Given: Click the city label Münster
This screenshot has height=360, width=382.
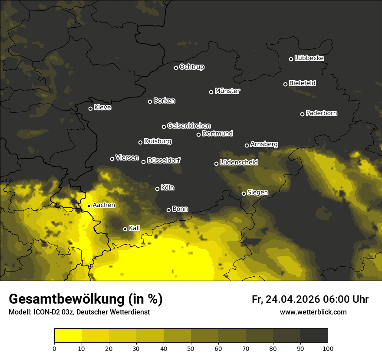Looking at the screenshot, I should coord(227,91).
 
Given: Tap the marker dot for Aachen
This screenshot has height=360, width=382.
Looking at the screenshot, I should coord(89,206).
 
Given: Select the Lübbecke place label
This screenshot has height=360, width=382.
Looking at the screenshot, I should coord(309,58).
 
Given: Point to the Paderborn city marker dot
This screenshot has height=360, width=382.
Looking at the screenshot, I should coord(303,114).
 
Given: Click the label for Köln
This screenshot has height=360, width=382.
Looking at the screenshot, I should coord(168,188).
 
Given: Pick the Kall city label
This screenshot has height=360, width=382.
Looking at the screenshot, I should coord(135,228).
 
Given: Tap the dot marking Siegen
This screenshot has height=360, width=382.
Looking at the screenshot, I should coord(244,193).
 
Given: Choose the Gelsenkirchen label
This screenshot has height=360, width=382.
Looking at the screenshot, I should coord(189,126).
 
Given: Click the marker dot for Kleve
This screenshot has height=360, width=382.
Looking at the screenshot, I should coord(90,108).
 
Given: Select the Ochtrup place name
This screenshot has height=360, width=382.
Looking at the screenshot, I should coord(191,67).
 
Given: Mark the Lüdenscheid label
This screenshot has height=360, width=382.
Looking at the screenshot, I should coord(239,163).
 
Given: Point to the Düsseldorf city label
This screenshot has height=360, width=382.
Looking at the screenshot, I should coord(164,160).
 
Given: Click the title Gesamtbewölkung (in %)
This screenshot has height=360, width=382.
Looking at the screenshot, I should coord(86,299).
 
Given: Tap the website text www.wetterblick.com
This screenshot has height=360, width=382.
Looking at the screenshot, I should coord(313,312).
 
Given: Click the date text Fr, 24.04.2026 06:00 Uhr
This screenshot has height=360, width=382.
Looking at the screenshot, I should coord(310,299).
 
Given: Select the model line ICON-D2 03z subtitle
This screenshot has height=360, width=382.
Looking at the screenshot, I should coord(79,312).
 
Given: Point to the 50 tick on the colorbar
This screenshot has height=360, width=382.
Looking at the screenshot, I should coord(191,348).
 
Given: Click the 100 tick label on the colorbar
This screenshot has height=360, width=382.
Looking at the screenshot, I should coord(328,348).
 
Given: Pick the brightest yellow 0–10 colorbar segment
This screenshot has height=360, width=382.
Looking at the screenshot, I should coord(68,336).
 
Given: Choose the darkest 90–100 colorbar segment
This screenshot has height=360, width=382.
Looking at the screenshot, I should coord(314,336).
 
